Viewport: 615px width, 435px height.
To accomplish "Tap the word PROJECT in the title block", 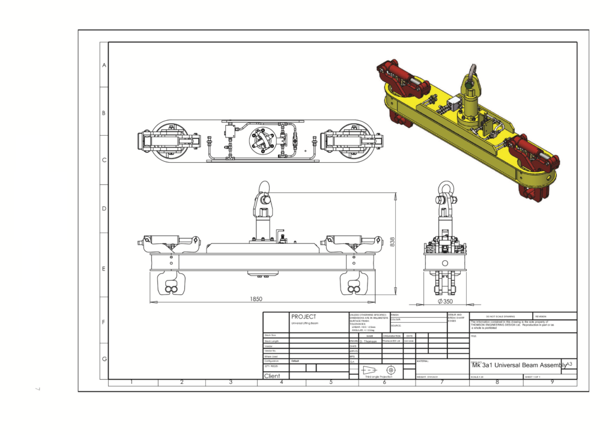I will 303,317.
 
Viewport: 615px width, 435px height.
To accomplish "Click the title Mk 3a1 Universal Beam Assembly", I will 519,365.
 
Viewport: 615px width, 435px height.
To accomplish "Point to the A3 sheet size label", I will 570,364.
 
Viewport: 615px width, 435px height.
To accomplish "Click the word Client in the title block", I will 273,376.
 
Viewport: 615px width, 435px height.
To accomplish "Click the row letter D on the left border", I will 104,208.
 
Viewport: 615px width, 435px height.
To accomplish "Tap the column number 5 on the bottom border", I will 330,382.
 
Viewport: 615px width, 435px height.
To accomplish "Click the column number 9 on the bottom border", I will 552,382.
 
